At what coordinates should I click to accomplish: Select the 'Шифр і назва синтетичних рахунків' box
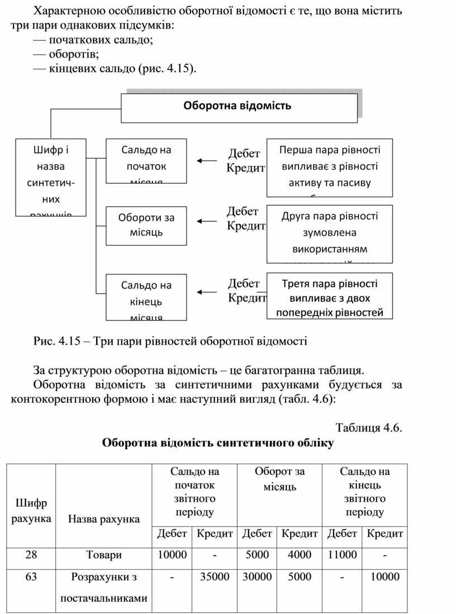coord(51,177)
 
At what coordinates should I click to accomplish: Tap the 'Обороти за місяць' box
coord(146,225)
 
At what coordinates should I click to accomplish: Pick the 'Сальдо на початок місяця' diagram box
coord(146,160)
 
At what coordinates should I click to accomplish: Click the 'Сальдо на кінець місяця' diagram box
coord(146,297)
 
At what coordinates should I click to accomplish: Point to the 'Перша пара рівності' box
coord(329,167)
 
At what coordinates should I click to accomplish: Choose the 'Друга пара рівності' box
coord(329,233)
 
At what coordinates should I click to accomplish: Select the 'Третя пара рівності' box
coord(329,296)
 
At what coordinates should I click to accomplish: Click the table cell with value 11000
coord(341,555)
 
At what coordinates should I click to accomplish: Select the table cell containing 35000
coord(215,577)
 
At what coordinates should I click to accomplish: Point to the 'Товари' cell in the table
coord(103,555)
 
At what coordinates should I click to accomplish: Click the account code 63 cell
coord(31,577)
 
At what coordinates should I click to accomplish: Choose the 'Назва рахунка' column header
coord(103,520)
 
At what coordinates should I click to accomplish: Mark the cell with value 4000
coord(300,555)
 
